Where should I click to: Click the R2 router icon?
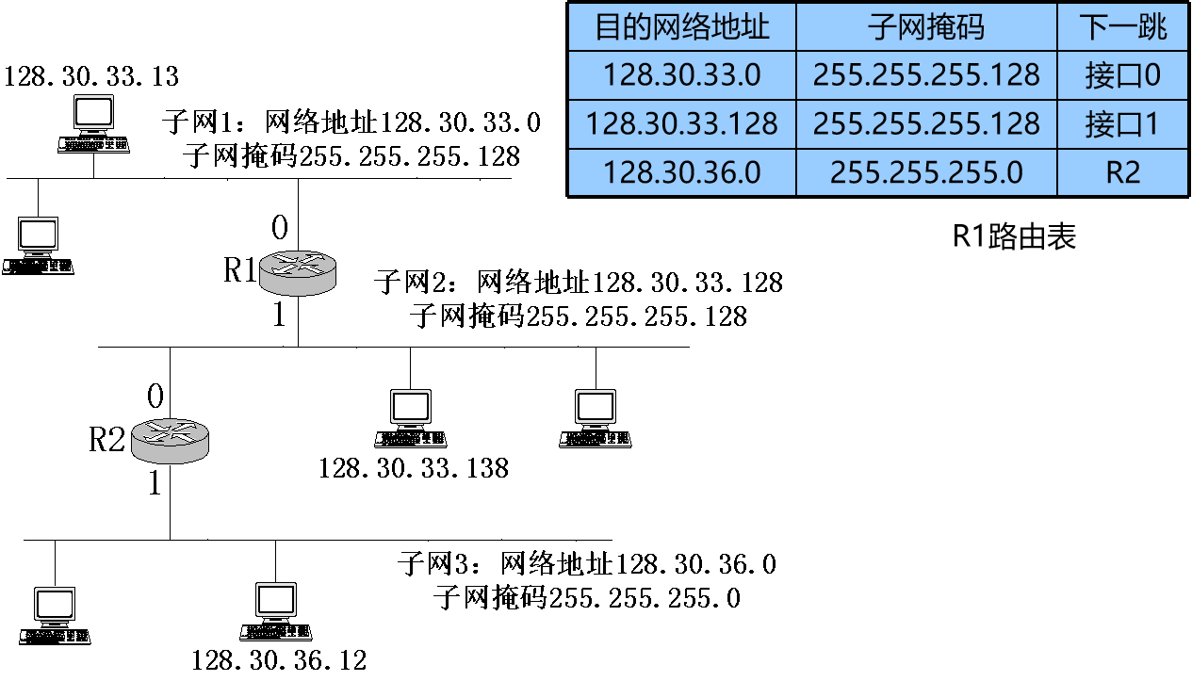click(170, 440)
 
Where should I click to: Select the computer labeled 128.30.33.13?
click(92, 126)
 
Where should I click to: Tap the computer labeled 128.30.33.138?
click(411, 419)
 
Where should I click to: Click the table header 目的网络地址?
click(681, 26)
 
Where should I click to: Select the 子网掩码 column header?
click(925, 26)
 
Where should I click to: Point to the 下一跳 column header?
click(1124, 26)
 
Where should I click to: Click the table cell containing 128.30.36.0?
click(681, 172)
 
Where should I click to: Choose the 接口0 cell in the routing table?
click(1124, 75)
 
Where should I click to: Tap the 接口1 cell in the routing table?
click(1124, 123)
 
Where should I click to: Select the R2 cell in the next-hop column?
click(1124, 172)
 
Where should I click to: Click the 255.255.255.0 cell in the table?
click(925, 172)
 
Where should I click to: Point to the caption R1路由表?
click(1014, 235)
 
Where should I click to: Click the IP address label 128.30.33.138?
click(414, 468)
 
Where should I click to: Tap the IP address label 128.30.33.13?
click(91, 75)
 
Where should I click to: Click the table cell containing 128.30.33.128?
click(681, 123)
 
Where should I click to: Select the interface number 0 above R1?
click(280, 228)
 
